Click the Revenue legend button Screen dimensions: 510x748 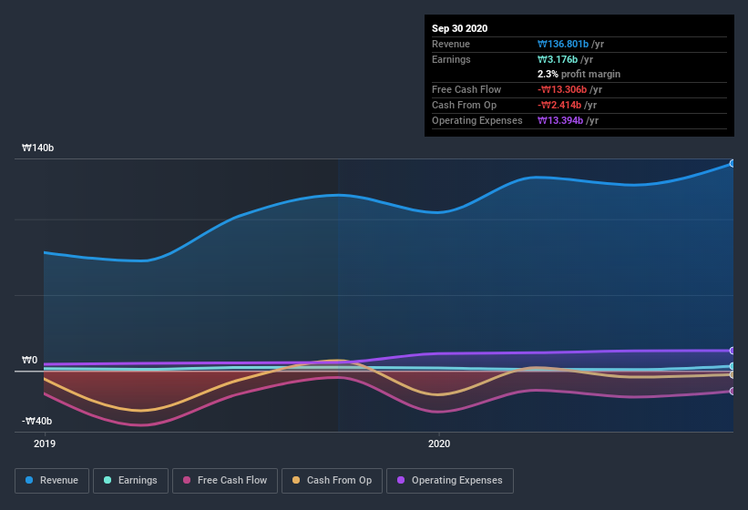pos(52,480)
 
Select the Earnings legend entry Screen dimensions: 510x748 pos(130,480)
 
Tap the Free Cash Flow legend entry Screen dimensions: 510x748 pos(225,480)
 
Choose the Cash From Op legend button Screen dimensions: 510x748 pos(332,480)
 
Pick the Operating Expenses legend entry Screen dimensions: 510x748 pos(450,480)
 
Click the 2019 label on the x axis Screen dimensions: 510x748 pos(44,444)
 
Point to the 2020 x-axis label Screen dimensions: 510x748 pos(439,444)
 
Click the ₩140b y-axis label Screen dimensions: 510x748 pos(37,148)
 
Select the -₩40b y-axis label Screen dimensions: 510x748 pos(37,421)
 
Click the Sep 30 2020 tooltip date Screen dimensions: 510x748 pos(460,28)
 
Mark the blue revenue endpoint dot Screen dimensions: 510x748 pos(733,163)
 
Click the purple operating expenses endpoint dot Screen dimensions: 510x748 pos(733,351)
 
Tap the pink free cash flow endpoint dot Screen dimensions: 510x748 pos(733,392)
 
